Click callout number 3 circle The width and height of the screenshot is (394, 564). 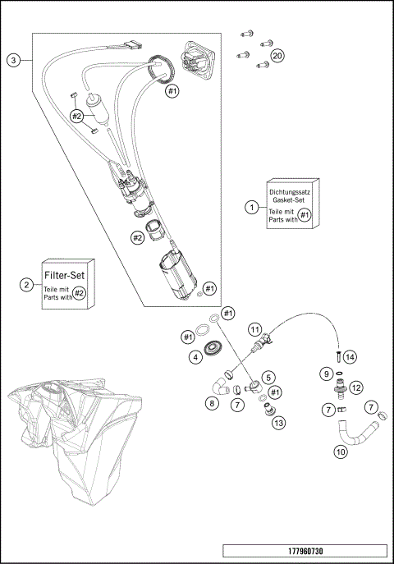pyautogui.click(x=13, y=60)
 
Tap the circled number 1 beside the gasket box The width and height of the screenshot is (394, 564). pyautogui.click(x=251, y=208)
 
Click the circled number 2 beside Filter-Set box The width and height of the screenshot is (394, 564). pyautogui.click(x=27, y=285)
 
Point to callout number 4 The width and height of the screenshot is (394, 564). pyautogui.click(x=195, y=357)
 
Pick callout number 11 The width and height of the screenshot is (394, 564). pyautogui.click(x=255, y=330)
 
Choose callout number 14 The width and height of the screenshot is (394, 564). pyautogui.click(x=350, y=357)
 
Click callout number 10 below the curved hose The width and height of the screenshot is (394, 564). pyautogui.click(x=339, y=451)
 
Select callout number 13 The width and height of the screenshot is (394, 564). pyautogui.click(x=278, y=423)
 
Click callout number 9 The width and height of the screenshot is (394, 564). pyautogui.click(x=326, y=374)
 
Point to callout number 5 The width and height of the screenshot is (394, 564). pyautogui.click(x=268, y=378)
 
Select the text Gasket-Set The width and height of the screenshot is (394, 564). pyautogui.click(x=291, y=199)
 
